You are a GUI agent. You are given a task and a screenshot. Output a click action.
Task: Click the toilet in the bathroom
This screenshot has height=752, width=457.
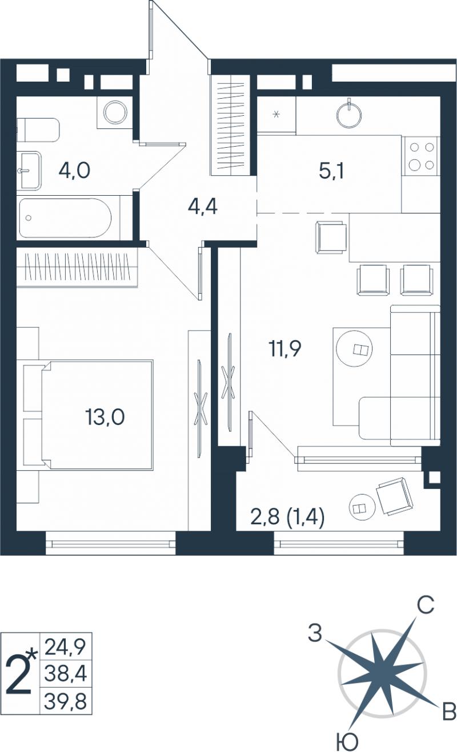click(x=38, y=130)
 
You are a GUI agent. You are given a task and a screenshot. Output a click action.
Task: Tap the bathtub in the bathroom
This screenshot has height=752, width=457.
click(x=65, y=218)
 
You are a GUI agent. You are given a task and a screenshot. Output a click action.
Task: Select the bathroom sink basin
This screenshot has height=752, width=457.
click(x=29, y=170)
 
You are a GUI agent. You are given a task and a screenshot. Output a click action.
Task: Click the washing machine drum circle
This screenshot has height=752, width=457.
click(x=115, y=112)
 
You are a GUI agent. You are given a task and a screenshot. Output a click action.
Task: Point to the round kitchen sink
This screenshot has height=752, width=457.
click(x=349, y=114)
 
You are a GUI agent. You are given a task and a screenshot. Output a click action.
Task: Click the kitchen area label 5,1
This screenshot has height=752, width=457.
click(x=331, y=172)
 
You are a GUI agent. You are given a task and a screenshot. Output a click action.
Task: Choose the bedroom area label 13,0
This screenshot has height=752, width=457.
click(x=105, y=418)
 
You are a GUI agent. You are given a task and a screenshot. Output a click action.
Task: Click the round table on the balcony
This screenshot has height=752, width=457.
click(x=362, y=508)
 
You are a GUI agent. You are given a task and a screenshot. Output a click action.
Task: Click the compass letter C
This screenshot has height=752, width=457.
click(x=426, y=606)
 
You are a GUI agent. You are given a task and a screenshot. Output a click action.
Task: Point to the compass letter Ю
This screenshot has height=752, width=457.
click(x=348, y=742)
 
